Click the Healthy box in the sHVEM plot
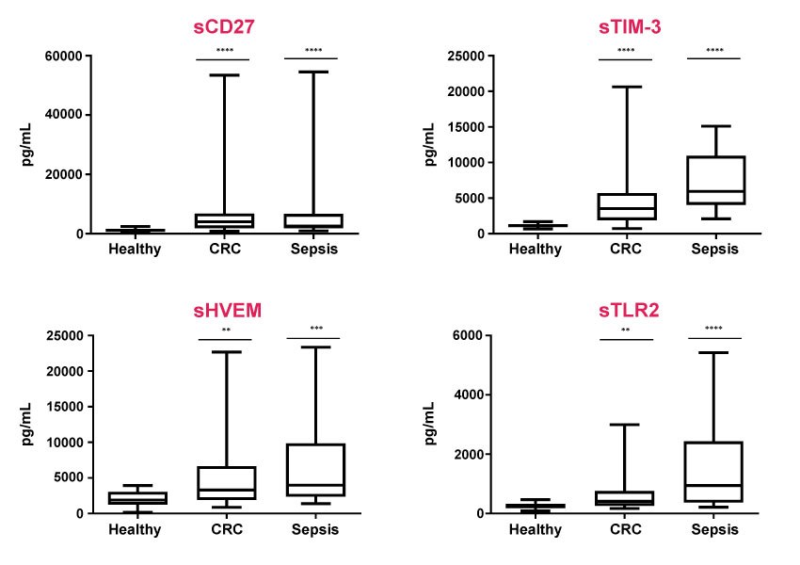point(137,498)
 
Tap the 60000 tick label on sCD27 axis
point(63,56)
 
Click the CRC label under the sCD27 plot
point(224,250)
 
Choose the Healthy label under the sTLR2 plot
point(536,529)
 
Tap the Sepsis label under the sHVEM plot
point(312,529)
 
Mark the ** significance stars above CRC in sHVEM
point(226,330)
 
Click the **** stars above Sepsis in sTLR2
point(714,330)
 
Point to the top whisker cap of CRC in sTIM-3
point(625,87)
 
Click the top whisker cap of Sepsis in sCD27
point(312,72)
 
